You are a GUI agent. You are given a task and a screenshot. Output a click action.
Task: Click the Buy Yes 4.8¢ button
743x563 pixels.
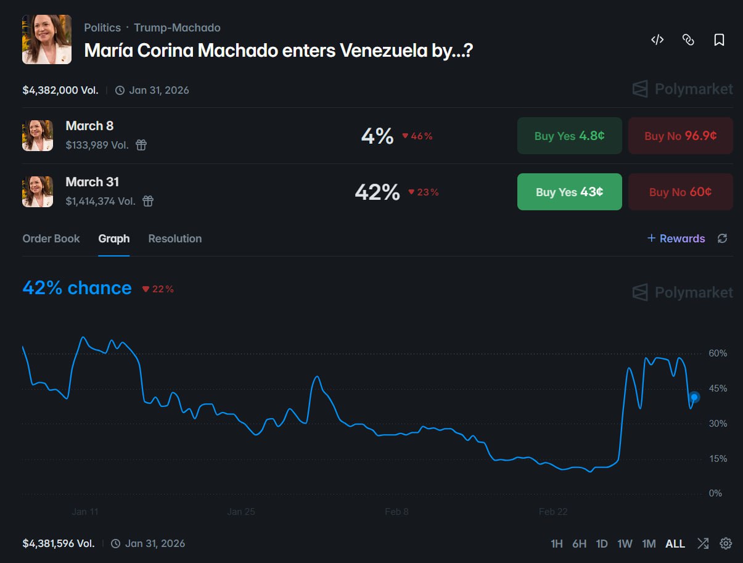pos(569,136)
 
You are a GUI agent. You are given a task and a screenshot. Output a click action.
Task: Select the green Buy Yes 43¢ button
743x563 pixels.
pos(569,192)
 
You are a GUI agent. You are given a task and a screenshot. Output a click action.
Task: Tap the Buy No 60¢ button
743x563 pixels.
pos(680,192)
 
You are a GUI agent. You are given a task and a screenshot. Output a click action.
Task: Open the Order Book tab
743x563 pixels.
pos(51,239)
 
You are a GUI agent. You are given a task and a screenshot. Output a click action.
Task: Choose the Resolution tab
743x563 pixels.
pos(175,239)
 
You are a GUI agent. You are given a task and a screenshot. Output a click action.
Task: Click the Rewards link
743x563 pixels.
pos(676,239)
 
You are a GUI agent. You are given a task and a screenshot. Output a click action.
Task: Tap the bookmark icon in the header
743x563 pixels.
pos(719,40)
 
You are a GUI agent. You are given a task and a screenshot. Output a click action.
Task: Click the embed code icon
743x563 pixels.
pos(657,40)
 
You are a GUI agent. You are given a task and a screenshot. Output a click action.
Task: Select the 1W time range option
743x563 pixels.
pos(625,544)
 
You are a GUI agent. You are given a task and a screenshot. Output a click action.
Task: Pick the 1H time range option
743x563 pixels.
pos(556,544)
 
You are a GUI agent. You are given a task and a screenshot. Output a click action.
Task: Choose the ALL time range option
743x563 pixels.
pos(675,544)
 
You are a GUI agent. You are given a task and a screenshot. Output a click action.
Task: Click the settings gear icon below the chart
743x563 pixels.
pos(726,543)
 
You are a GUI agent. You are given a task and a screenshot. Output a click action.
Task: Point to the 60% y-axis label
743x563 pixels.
pos(718,353)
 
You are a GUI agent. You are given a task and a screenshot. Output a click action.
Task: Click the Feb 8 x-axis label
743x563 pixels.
pos(396,512)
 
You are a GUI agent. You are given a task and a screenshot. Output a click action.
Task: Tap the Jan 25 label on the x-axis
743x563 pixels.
pos(241,512)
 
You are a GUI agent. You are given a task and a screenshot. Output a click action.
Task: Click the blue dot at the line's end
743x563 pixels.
pos(694,397)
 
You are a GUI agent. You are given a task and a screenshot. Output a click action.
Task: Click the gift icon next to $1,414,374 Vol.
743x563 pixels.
pos(148,201)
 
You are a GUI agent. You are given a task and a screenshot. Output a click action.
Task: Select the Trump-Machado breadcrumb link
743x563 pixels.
pos(177,28)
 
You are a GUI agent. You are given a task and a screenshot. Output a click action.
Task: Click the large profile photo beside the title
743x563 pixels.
pos(47,39)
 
